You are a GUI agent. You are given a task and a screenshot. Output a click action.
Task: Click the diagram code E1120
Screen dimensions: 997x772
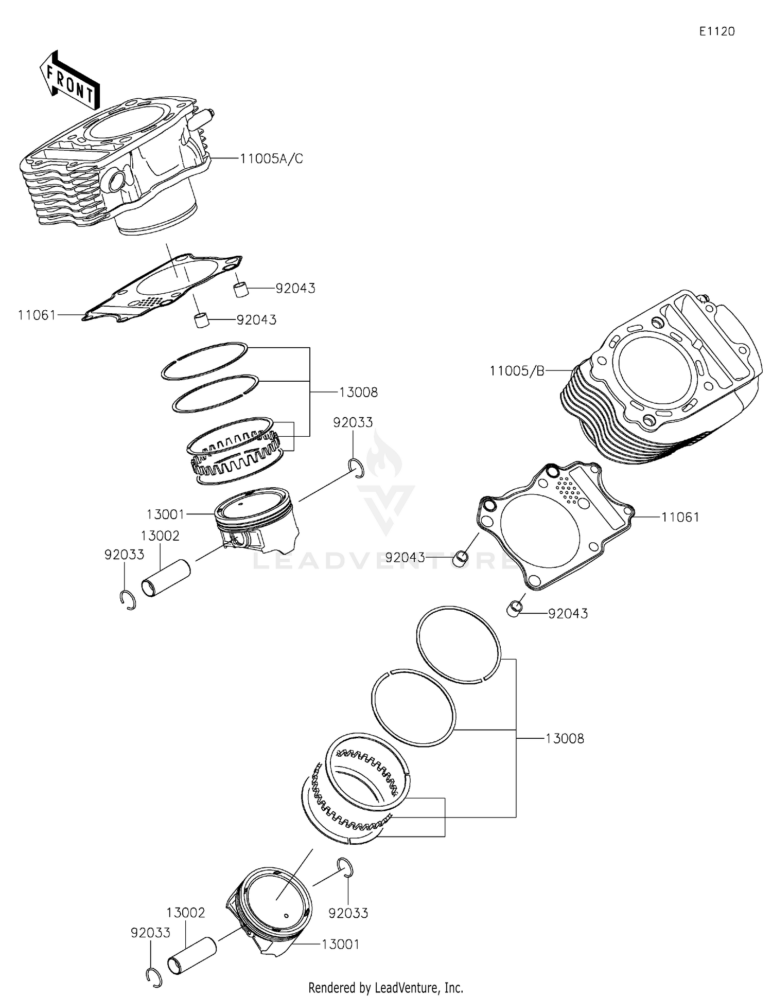(x=716, y=31)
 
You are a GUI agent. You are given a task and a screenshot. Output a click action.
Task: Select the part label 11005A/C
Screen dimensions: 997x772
(x=271, y=159)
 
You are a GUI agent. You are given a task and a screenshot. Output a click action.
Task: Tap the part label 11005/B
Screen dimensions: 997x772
(x=516, y=370)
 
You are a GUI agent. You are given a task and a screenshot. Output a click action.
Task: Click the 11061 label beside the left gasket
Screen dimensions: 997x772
(x=37, y=315)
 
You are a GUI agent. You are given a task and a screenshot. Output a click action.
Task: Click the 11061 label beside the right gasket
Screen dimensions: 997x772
(x=680, y=517)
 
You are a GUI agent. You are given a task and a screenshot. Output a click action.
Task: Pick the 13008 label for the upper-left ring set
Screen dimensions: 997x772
(x=358, y=393)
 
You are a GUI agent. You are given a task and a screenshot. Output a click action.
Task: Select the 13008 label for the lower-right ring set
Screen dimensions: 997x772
(x=565, y=739)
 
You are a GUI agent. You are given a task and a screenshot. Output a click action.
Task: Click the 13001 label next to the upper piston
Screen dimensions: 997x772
(x=165, y=514)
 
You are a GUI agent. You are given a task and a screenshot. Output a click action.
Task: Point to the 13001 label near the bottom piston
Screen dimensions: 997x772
(x=340, y=944)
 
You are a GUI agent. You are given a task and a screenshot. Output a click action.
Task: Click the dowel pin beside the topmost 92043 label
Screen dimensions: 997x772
(x=241, y=289)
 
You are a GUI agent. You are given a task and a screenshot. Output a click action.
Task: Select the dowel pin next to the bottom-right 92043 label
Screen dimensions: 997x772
(x=514, y=609)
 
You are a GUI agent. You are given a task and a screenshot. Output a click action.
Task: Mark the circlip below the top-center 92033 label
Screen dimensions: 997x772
(x=356, y=467)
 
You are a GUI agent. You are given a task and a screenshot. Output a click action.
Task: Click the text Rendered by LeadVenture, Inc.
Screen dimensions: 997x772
(x=385, y=987)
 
